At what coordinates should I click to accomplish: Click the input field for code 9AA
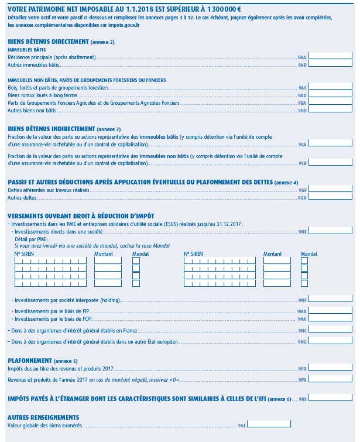coord(330,57)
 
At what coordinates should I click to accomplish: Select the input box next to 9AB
coord(330,64)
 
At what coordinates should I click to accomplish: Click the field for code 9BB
coord(330,109)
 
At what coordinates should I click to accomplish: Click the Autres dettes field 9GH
coord(330,197)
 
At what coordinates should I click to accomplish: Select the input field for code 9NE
coord(330,231)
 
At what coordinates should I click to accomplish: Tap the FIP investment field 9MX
coord(330,311)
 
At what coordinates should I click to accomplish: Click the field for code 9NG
coord(330,341)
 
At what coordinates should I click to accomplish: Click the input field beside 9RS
coord(330,398)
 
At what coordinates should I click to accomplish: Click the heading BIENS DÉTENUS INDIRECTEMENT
coord(51,129)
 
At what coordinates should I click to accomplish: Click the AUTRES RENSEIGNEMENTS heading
coord(43,417)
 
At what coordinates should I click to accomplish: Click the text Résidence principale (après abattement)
coord(52,57)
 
